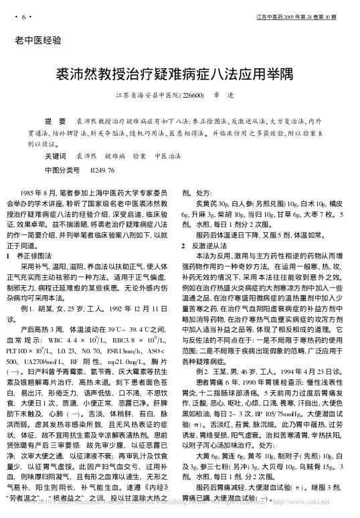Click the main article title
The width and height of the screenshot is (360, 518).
180,74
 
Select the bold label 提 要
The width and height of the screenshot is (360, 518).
54,123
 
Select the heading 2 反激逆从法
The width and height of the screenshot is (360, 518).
213,246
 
